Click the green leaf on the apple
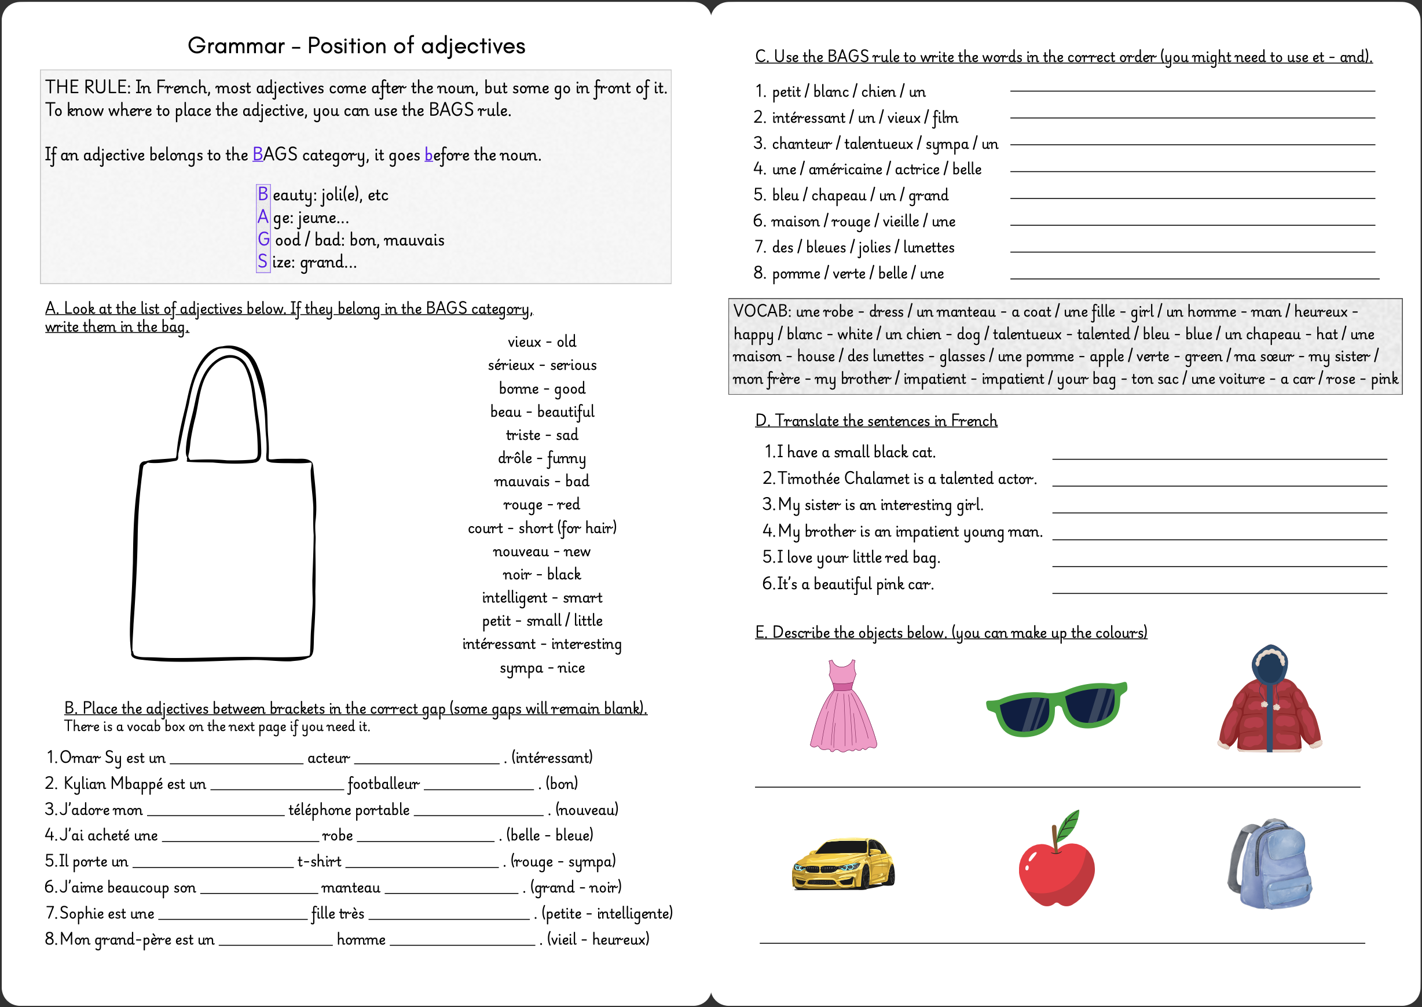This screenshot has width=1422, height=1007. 1069,824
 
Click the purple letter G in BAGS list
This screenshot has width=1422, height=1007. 263,240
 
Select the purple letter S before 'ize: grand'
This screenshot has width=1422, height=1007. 262,262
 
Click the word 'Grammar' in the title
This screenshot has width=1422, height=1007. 236,46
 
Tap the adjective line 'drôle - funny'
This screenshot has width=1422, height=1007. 541,458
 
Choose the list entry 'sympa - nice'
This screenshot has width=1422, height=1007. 541,668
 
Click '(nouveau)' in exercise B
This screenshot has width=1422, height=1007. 587,810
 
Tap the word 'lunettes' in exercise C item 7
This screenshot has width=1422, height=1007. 928,248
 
